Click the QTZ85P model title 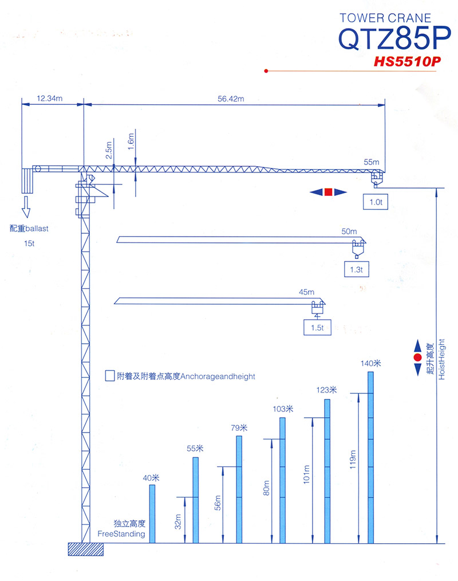click(x=394, y=38)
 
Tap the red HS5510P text click(x=407, y=61)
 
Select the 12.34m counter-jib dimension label click(x=50, y=98)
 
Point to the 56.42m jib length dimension click(x=231, y=99)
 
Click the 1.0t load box click(x=376, y=202)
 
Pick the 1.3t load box click(x=356, y=269)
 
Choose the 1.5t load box click(x=317, y=328)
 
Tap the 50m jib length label click(x=349, y=231)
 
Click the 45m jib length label click(x=306, y=292)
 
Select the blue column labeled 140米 click(x=370, y=458)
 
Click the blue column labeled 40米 click(x=152, y=514)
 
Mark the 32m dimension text click(x=177, y=521)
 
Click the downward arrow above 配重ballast click(x=26, y=207)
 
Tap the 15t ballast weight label click(x=29, y=244)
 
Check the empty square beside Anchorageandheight click(x=109, y=376)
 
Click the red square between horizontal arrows click(x=328, y=192)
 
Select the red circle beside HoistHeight click(x=418, y=358)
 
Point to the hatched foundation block click(x=85, y=549)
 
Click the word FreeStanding click(x=121, y=534)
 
